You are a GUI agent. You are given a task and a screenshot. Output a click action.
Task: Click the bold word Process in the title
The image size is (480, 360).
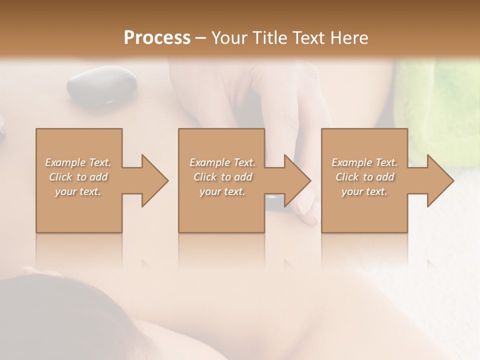157,38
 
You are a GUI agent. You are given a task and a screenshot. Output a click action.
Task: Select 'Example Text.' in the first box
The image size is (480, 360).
78,162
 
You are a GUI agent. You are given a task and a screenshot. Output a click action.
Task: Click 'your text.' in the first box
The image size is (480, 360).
78,191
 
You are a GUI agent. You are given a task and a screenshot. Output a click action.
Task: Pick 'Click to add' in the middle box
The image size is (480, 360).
222,177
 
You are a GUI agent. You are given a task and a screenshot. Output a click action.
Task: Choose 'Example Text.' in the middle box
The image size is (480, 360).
222,162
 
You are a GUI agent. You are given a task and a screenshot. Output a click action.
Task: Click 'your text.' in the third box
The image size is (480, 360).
364,191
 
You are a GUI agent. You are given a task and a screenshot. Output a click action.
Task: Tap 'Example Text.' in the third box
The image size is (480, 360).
364,162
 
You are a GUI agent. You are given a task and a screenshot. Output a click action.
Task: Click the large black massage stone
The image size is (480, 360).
102,85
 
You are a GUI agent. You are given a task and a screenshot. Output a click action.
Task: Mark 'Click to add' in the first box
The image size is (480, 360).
78,177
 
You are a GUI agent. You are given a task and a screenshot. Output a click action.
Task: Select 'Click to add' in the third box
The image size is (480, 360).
364,177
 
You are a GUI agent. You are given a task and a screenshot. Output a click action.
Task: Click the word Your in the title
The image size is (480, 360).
227,38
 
